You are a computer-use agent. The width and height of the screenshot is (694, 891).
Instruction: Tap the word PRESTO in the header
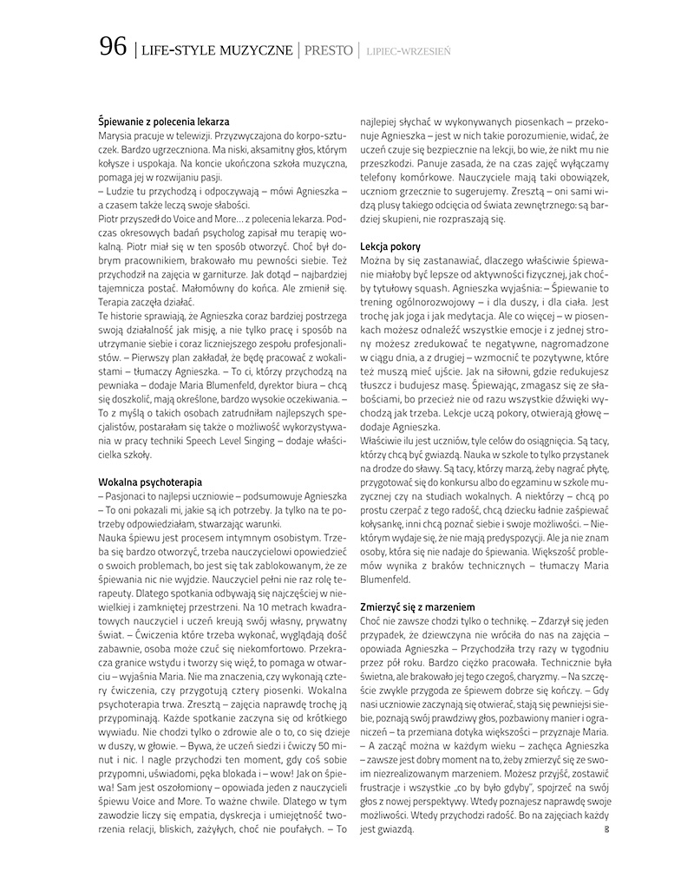tap(327, 50)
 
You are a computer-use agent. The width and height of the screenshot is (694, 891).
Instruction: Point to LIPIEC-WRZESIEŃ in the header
tap(409, 51)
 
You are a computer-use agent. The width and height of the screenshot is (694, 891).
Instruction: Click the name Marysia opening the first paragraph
tap(116, 137)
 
